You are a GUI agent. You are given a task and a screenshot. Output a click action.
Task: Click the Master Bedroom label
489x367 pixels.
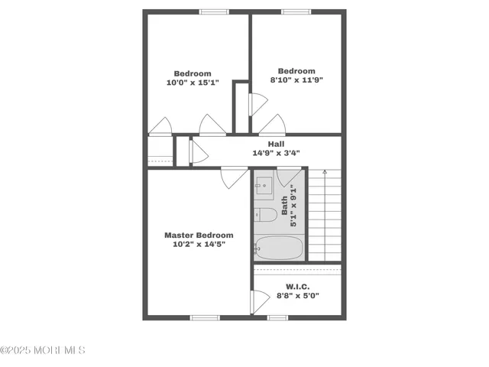pos(199,235)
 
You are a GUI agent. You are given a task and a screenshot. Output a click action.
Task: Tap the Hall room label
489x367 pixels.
pos(276,144)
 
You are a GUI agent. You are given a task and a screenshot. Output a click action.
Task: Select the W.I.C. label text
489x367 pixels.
pos(297,286)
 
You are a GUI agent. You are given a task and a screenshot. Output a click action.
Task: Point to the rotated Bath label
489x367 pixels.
pos(285,205)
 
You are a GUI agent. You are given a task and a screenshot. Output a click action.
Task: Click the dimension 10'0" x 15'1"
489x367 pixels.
pos(193,83)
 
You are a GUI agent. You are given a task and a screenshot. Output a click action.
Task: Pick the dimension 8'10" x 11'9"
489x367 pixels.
pos(296,80)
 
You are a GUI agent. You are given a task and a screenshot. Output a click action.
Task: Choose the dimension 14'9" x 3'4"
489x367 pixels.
pos(276,153)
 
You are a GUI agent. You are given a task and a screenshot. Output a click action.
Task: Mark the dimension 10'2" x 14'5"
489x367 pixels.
pos(199,245)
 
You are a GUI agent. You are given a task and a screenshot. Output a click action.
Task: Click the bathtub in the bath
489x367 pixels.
pos(279,248)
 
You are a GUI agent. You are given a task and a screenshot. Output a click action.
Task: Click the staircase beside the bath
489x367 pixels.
pos(324,218)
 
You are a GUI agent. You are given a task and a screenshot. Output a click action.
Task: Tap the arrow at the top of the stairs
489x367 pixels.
pos(324,173)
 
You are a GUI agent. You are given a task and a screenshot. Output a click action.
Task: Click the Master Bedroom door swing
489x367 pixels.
pos(230,177)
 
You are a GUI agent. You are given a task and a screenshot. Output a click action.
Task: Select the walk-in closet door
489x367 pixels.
pos(259,301)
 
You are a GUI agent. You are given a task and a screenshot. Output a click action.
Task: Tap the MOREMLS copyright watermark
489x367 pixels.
pos(43,350)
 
